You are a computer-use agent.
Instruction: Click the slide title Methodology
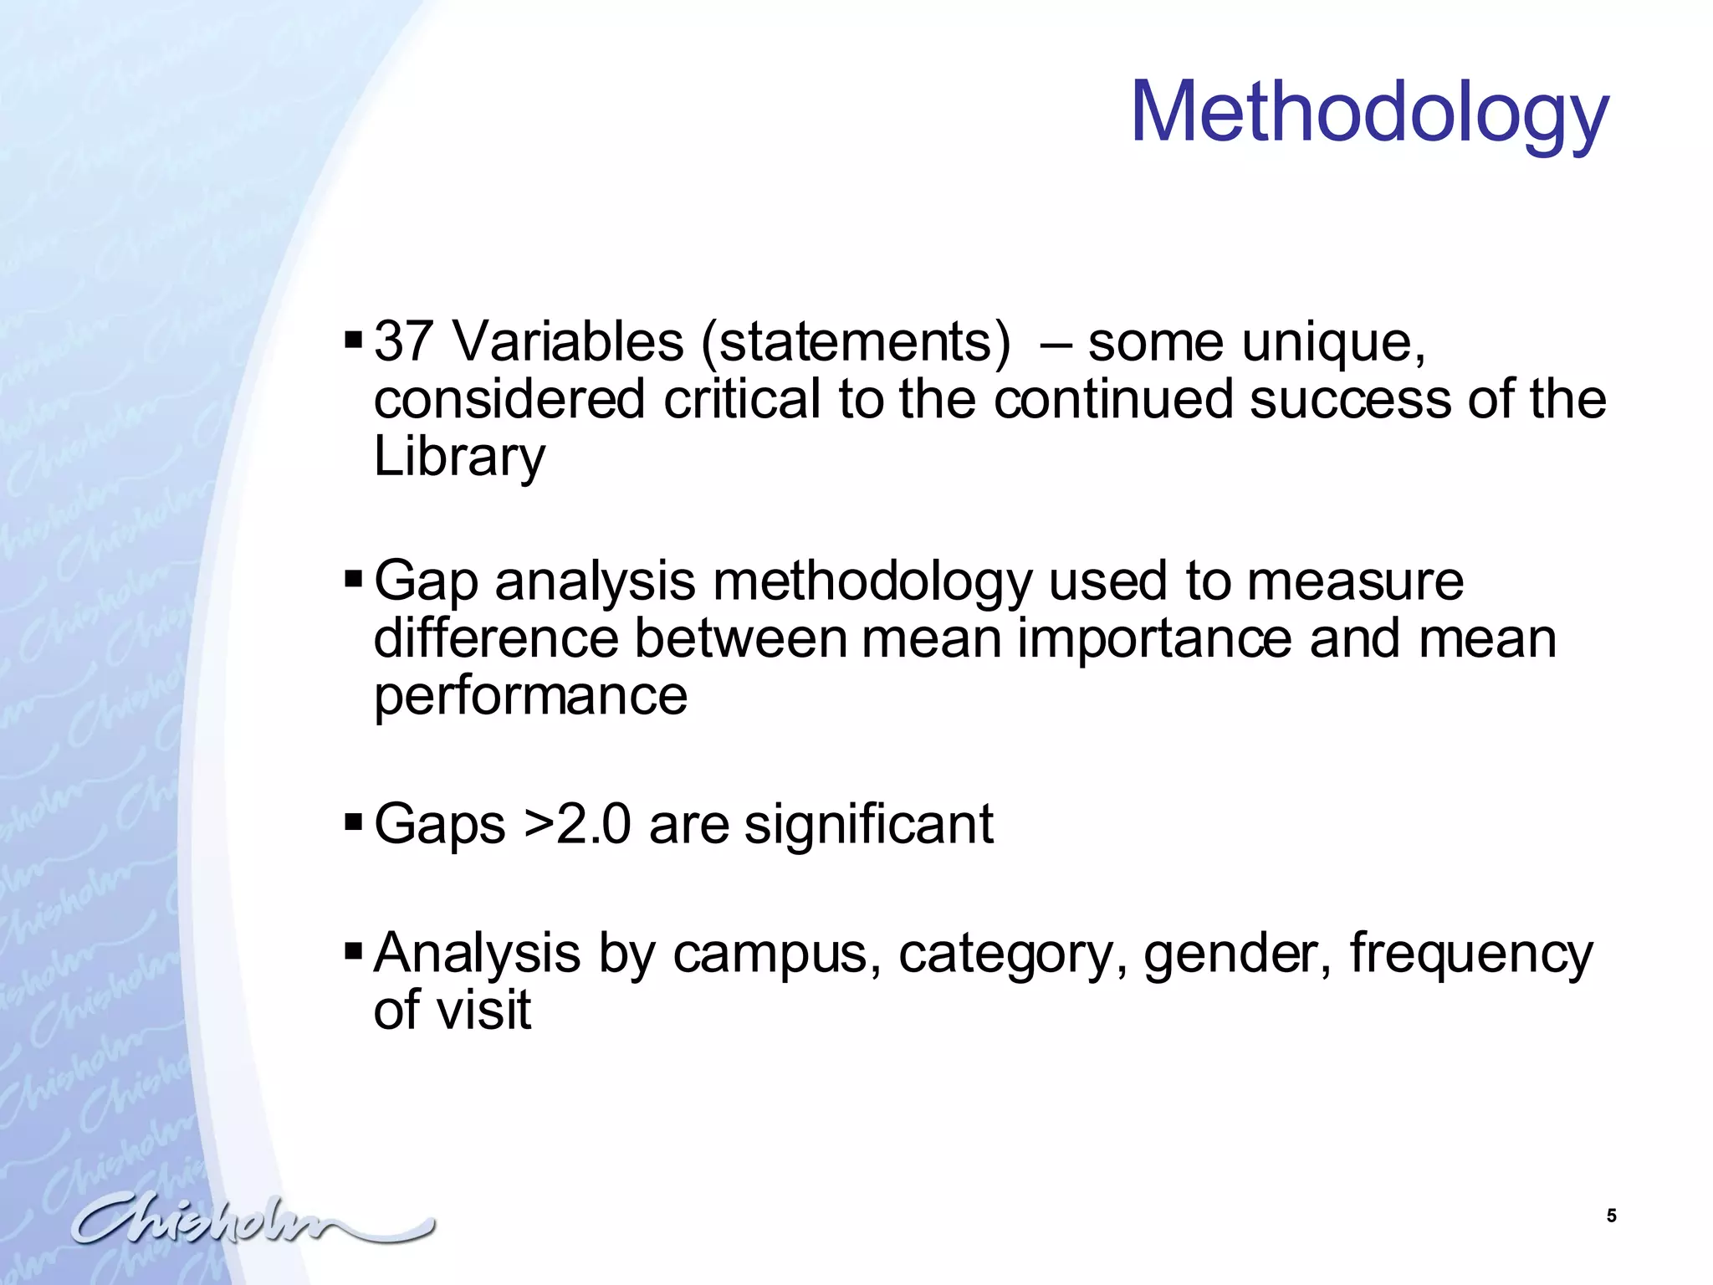1369,113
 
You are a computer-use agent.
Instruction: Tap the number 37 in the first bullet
403,342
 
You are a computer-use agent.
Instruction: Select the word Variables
568,342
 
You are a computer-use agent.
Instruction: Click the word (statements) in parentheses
856,344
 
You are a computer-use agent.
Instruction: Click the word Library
459,457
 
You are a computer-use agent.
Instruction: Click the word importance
1154,639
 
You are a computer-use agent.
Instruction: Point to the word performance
530,696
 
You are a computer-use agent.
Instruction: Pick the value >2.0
577,824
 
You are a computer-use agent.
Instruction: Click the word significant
868,824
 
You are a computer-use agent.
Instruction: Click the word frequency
1471,954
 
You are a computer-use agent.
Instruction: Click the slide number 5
1611,1216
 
